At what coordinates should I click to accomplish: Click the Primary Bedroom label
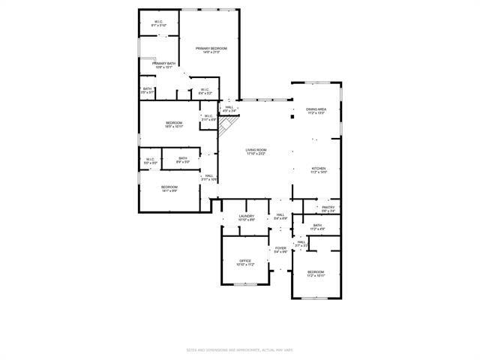click(211, 48)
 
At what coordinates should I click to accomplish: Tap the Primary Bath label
click(164, 63)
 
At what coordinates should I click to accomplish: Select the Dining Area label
click(316, 109)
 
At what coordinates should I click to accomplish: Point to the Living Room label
click(256, 149)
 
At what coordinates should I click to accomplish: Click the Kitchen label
click(319, 169)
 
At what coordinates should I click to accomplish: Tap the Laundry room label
click(247, 216)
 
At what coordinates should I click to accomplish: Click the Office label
click(246, 260)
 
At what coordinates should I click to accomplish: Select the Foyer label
click(280, 248)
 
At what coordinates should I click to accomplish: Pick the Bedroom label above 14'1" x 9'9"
click(169, 187)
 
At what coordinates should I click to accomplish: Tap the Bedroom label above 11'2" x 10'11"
click(316, 271)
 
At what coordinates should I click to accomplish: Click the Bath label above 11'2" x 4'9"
click(317, 225)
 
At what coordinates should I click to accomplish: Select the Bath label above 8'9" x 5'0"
click(183, 157)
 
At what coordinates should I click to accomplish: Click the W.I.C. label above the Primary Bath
click(159, 22)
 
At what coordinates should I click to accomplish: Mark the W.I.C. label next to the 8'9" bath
click(150, 159)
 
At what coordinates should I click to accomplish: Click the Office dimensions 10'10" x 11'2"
click(246, 265)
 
